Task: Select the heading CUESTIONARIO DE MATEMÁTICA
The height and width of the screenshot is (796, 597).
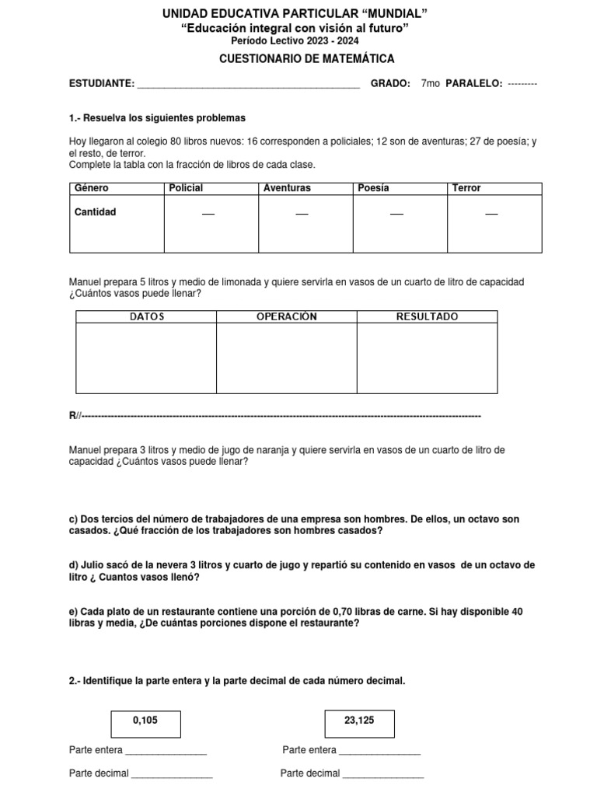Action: (295, 58)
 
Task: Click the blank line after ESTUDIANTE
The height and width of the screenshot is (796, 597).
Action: (248, 86)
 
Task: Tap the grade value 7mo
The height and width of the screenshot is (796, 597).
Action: (429, 84)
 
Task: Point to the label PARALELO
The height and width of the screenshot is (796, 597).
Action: (473, 84)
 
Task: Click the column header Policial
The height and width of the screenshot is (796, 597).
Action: (186, 188)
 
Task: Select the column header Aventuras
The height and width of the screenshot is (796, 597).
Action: (287, 188)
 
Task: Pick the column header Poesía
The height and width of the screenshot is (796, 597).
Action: (374, 188)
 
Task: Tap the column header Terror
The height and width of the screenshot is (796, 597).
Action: (466, 188)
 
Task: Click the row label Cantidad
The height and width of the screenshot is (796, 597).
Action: (95, 211)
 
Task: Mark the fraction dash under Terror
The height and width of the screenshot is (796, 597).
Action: (491, 215)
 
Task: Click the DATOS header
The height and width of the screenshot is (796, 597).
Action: (146, 316)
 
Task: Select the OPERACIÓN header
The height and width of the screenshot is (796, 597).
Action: (287, 316)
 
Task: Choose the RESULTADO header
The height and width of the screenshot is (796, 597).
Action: (427, 316)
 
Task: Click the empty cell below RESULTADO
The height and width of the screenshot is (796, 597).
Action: (427, 358)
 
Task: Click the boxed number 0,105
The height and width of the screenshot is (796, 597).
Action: (145, 721)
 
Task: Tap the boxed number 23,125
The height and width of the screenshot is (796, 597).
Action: (359, 721)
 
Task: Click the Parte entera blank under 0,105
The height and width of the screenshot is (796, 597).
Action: (166, 752)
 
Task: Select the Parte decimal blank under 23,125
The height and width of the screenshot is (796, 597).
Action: (383, 775)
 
